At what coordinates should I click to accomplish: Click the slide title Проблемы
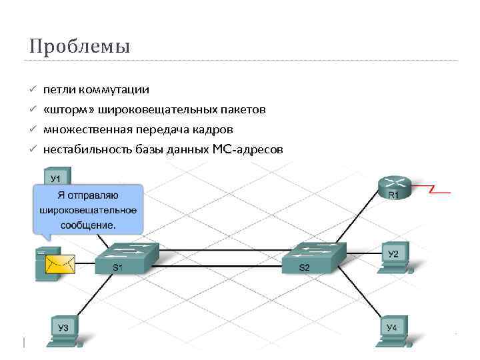(x=79, y=47)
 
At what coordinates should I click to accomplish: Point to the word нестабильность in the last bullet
(x=85, y=149)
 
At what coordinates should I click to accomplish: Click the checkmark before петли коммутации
(x=31, y=89)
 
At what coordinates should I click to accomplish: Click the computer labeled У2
(x=393, y=258)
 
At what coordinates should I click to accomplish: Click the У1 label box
(x=57, y=178)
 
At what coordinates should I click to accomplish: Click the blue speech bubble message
(x=88, y=209)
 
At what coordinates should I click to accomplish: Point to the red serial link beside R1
(x=440, y=191)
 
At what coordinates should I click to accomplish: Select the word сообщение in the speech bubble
(x=88, y=225)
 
